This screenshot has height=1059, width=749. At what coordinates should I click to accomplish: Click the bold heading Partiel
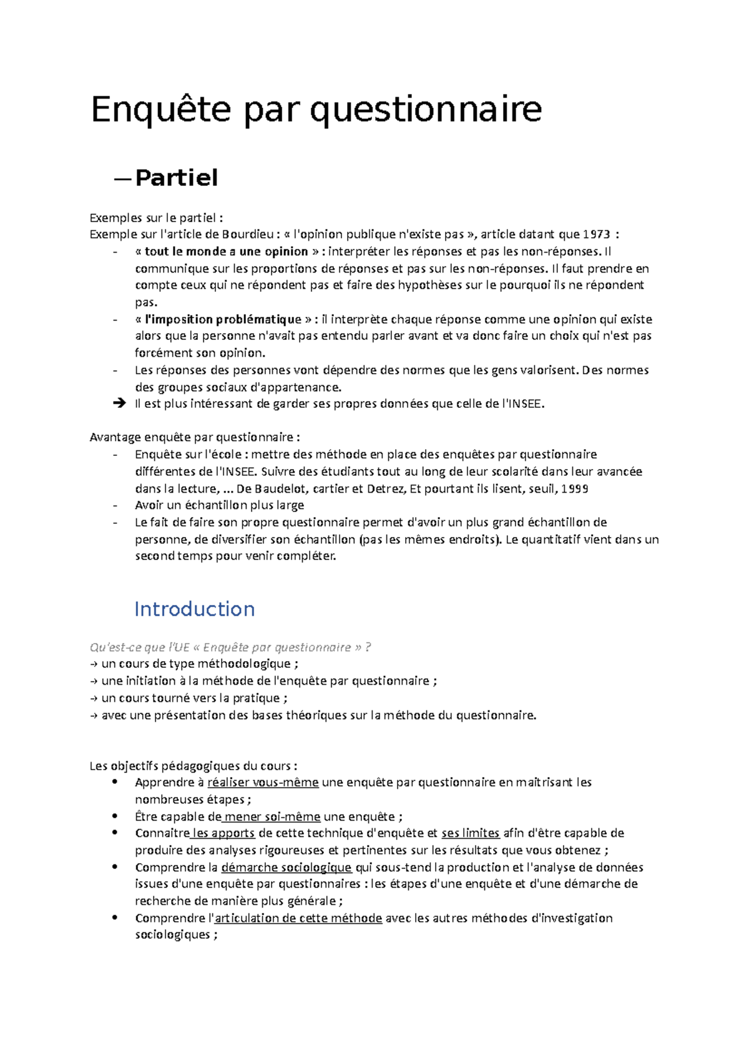[177, 178]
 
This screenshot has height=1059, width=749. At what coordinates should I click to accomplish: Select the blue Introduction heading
[194, 609]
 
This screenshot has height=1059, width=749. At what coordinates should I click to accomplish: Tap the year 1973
[596, 235]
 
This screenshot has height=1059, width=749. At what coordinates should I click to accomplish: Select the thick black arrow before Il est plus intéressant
[119, 404]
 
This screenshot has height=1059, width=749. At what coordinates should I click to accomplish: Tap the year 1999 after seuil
[574, 488]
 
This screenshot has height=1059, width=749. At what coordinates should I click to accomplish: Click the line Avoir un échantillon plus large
[219, 505]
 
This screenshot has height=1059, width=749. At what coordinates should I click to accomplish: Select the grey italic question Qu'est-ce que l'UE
[230, 647]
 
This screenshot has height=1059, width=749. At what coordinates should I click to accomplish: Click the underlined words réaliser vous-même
[263, 782]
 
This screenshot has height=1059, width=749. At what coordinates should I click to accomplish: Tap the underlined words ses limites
[470, 833]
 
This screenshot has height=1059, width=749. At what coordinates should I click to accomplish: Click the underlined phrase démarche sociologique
[286, 867]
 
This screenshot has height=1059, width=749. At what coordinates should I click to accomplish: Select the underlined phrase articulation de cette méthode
[298, 918]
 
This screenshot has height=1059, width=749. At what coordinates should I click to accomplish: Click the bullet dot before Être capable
[114, 816]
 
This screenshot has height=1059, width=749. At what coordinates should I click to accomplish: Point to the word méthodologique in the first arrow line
[243, 664]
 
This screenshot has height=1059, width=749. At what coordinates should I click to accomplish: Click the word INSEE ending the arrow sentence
[526, 404]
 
